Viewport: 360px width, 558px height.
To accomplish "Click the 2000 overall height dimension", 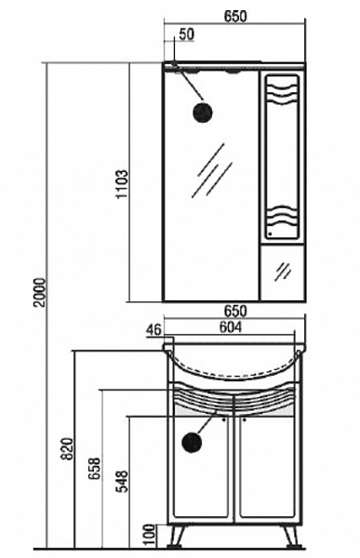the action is (x=41, y=292).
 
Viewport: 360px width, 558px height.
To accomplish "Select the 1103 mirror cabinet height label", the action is (x=122, y=183).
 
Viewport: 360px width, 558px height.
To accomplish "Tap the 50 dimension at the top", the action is (x=187, y=34).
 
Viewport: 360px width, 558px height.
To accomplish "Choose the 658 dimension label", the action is (x=95, y=469).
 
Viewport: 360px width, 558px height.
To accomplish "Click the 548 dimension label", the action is (x=122, y=481).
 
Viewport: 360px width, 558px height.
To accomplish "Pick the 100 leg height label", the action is (x=151, y=536).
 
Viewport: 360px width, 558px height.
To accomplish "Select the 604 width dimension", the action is (x=230, y=327).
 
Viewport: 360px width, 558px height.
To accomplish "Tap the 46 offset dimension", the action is (x=153, y=330).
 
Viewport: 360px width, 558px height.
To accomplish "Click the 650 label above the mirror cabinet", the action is (x=235, y=16).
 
